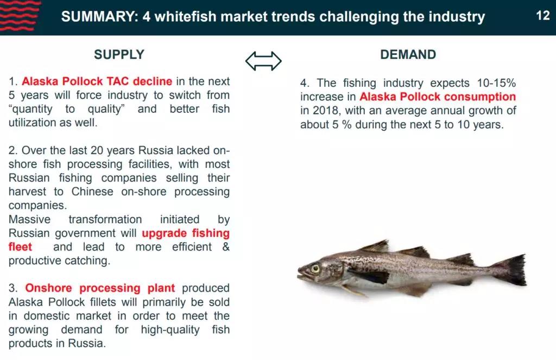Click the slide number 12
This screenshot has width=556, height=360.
pos(543,16)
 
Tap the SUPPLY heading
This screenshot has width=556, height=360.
pos(119,55)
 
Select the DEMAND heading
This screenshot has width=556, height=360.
pos(408,55)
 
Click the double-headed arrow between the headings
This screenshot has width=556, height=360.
pos(263,61)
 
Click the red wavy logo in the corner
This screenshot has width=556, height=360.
pos(20,16)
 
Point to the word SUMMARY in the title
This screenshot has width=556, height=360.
pos(100,17)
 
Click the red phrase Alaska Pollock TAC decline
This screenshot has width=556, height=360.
pos(97,81)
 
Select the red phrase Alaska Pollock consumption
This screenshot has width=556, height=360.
pos(438,97)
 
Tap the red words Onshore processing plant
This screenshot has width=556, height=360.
pos(100,288)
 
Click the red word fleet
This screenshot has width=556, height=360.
pos(20,247)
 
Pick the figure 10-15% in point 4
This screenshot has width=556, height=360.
pos(496,83)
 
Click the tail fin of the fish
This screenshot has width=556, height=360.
pos(513,269)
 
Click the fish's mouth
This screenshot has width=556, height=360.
pos(301,274)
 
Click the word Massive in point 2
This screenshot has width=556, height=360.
pos(29,219)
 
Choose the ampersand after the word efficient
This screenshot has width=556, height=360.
pos(226,247)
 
